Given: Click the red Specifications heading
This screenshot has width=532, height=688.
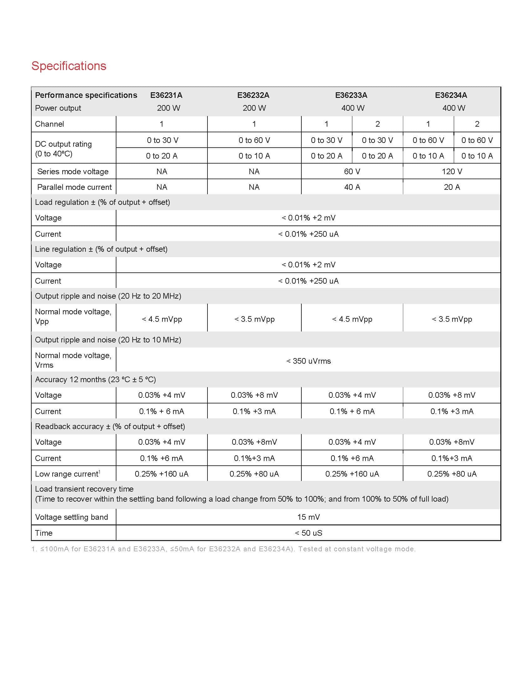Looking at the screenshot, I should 69,66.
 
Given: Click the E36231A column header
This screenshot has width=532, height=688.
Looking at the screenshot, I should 166,95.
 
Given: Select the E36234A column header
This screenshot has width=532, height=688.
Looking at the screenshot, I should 451,95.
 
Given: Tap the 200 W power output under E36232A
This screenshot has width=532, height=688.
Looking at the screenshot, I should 254,108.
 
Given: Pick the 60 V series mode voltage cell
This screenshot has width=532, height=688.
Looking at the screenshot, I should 352,171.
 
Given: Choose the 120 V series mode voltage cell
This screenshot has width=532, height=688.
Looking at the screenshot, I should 452,171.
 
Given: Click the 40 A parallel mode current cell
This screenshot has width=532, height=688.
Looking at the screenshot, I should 352,187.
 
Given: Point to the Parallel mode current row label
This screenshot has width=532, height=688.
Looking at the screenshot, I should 74,187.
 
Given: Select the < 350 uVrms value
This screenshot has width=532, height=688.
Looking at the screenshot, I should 308,361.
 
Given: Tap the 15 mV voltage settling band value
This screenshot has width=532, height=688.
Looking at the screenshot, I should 308,517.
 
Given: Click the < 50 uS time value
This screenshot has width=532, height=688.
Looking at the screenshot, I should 308,533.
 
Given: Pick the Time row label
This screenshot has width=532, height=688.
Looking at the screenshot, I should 44,533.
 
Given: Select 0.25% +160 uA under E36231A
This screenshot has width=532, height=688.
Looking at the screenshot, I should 161,474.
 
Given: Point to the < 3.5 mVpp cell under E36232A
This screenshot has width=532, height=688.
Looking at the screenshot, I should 254,319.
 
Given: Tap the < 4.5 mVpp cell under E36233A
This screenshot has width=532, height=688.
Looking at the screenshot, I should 352,319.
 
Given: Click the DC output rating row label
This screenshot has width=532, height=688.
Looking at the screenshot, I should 63,149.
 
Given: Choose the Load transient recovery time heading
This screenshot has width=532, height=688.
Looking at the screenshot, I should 84,489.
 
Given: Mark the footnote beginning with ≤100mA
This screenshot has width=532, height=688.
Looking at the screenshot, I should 223,549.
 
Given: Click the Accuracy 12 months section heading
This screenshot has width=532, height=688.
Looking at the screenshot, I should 95,380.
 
